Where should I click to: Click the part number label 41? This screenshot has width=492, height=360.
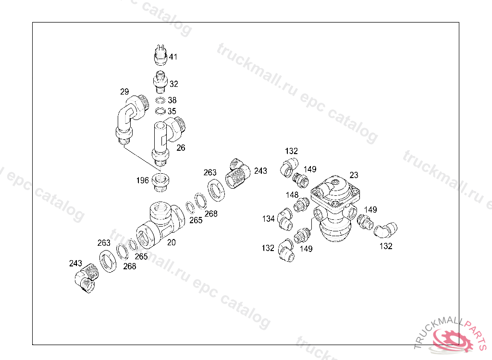coord(173,57)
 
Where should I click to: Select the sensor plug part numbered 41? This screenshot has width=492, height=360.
coord(160,55)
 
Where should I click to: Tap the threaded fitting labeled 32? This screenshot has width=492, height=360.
coord(160,82)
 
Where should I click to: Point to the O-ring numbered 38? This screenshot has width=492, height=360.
coord(160,100)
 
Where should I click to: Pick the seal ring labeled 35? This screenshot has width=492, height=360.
coord(160,111)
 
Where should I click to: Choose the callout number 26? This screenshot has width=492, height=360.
coord(181,147)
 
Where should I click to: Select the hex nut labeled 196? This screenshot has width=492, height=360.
coord(160,182)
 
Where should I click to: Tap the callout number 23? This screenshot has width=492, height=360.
coord(354,175)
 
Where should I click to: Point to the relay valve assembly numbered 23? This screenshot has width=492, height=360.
coord(334,207)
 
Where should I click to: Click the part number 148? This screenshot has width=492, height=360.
coord(292,195)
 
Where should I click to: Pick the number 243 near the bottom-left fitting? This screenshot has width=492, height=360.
coord(75,263)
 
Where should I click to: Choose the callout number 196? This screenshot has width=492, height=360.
coord(142,180)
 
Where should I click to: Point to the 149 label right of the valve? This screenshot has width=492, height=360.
coord(370,209)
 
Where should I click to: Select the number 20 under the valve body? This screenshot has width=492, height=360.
coord(172,242)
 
